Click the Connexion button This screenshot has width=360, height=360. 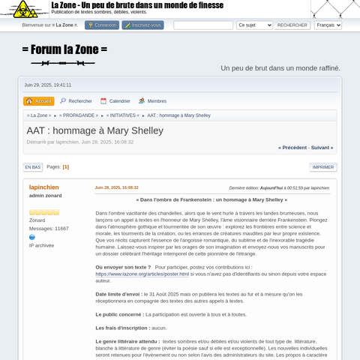click(x=102, y=25)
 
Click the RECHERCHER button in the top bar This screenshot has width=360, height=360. click(x=292, y=25)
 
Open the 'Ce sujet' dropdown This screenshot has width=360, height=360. click(x=254, y=25)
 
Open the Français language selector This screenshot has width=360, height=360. click(x=328, y=25)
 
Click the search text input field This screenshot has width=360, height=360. click(x=203, y=25)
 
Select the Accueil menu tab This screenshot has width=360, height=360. click(x=39, y=101)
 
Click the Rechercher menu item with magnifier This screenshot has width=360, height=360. click(x=76, y=101)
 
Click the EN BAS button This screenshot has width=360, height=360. click(x=32, y=167)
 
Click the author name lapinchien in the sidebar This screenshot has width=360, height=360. click(x=43, y=187)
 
